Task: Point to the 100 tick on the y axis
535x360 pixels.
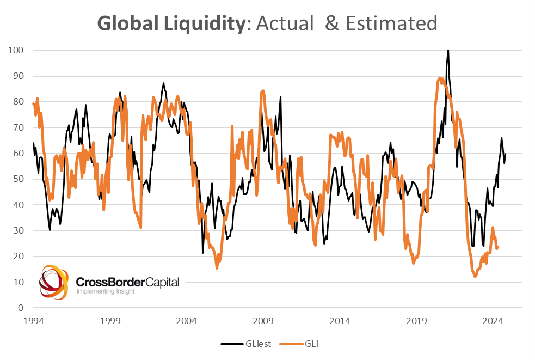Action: point(16,50)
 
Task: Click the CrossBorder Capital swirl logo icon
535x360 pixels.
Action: point(54,282)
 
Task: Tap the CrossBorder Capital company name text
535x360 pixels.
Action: point(127,282)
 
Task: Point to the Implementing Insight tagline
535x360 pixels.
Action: point(105,291)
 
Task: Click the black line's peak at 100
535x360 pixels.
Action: point(448,51)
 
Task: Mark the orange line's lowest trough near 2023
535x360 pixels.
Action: point(475,276)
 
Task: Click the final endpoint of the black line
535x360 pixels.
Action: point(506,154)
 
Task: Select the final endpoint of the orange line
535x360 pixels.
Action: point(498,247)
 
